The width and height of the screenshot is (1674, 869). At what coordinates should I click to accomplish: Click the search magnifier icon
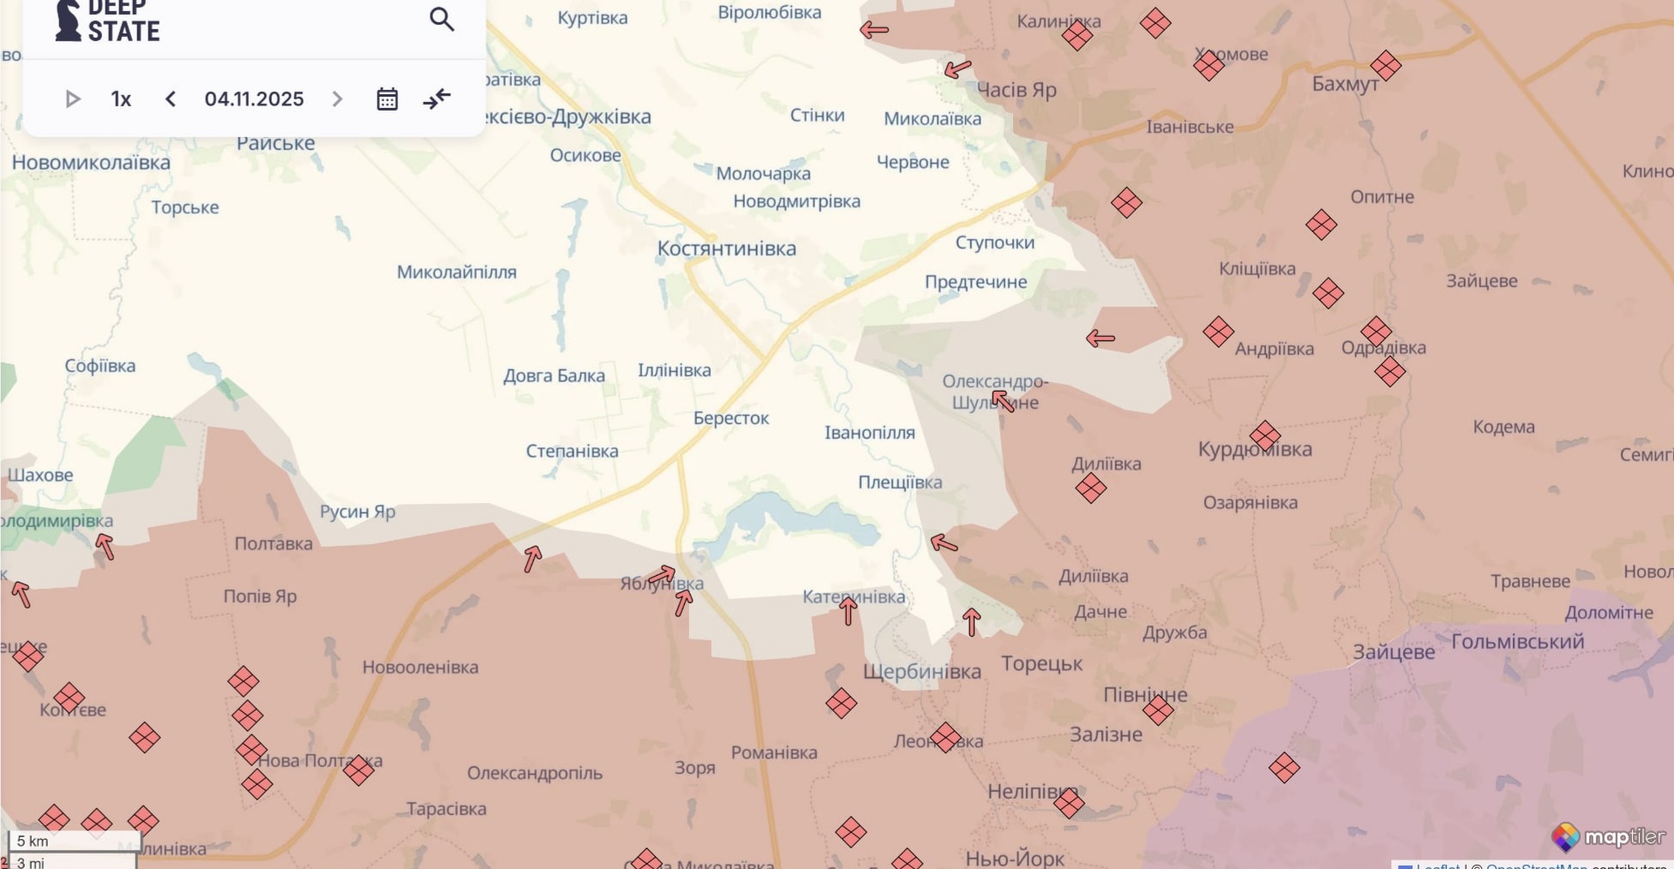(x=441, y=19)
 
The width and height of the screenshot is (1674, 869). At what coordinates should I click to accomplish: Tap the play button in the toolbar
(x=73, y=99)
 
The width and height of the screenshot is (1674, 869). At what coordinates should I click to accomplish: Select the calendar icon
(x=387, y=99)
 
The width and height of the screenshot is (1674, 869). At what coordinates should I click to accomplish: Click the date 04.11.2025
(x=254, y=99)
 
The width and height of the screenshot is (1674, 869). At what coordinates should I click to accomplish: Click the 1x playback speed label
(x=121, y=99)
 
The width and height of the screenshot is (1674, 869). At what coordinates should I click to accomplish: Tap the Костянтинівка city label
(x=726, y=249)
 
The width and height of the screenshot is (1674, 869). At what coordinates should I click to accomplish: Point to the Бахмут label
(x=1345, y=84)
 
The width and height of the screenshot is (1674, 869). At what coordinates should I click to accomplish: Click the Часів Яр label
(x=1017, y=90)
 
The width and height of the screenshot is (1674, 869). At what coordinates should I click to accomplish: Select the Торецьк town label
(x=1041, y=663)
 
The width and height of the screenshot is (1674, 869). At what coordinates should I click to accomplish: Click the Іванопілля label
(x=869, y=433)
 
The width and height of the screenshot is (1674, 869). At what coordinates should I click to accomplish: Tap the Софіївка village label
(x=100, y=366)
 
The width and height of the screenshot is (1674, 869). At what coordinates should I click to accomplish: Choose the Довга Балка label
(x=554, y=375)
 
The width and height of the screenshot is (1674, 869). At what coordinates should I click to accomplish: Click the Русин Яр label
(x=357, y=512)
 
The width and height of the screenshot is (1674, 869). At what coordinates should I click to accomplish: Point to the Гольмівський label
(x=1517, y=641)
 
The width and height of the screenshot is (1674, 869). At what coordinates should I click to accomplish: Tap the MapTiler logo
(x=1608, y=837)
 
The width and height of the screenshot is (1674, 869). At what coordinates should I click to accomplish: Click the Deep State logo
(x=107, y=22)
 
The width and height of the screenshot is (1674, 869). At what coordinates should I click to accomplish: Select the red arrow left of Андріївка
(x=1101, y=339)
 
